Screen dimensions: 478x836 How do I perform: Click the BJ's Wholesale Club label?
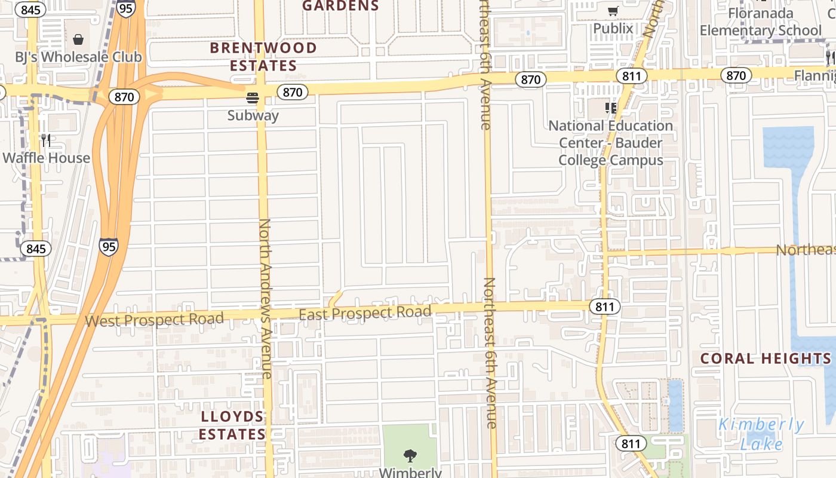tap(79, 57)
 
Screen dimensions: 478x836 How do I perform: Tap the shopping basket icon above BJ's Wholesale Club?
tap(78, 39)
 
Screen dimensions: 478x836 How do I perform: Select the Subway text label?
tap(253, 115)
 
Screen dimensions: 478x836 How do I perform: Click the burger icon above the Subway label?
tap(253, 97)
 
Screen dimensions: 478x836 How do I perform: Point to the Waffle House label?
tap(47, 158)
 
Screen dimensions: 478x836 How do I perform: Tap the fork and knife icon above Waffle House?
tap(46, 140)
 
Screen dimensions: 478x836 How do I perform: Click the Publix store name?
tap(613, 28)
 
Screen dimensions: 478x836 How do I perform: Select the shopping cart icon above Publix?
tap(613, 11)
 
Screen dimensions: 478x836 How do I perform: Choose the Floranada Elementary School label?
tap(761, 22)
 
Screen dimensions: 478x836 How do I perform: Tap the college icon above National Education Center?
tap(611, 108)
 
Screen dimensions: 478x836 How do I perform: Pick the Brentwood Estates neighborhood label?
tap(263, 56)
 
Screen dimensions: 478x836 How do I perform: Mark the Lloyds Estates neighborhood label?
tap(232, 425)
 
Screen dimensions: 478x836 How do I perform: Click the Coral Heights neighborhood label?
tap(766, 358)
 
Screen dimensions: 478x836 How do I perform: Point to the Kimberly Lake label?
tap(761, 434)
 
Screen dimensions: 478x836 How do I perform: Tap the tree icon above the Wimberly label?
tap(410, 456)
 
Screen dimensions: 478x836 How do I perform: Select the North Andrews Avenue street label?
tap(265, 299)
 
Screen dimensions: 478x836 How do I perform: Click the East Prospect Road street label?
tap(365, 313)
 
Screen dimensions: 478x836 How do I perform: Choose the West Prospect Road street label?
tap(154, 320)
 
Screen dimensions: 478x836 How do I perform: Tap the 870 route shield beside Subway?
tap(293, 92)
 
